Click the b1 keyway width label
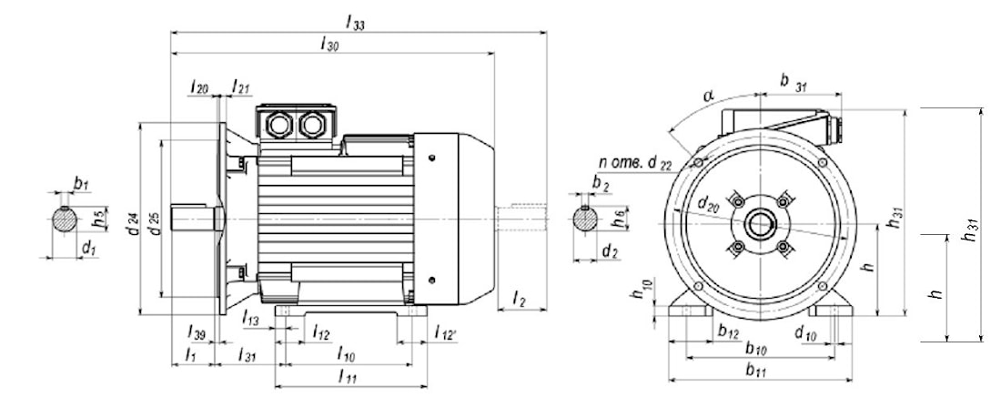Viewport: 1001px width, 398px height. [81, 185]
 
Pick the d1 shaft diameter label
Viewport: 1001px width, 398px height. [88, 247]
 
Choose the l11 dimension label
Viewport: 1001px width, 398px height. [347, 375]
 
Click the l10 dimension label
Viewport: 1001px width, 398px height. [346, 352]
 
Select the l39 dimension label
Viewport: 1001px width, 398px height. [194, 331]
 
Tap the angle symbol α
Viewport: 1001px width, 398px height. [709, 96]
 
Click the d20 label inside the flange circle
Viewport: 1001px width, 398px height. [710, 209]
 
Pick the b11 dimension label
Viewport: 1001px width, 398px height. [754, 369]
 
